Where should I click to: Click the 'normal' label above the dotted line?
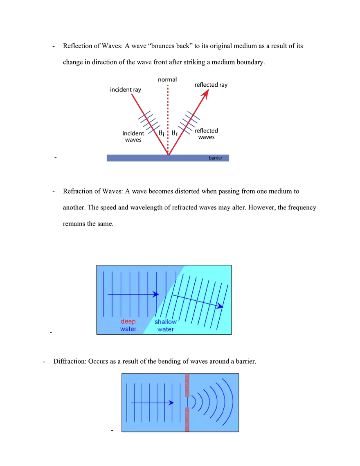[x=167, y=79]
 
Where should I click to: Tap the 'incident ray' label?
[x=126, y=90]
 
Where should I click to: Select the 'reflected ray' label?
[x=211, y=85]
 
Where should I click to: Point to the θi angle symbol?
[x=161, y=133]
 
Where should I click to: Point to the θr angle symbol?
[x=175, y=133]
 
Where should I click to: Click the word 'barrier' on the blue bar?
[x=216, y=158]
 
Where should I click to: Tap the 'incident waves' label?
[x=133, y=136]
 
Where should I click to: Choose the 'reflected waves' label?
[x=206, y=134]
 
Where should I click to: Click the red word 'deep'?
[x=128, y=321]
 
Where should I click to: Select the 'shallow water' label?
[x=166, y=325]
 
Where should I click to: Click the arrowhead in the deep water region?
[x=155, y=294]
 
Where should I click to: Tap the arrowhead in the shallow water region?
[x=220, y=306]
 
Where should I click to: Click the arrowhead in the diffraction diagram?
[x=171, y=403]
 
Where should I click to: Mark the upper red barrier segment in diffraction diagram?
[x=187, y=385]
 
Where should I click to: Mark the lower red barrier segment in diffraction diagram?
[x=187, y=419]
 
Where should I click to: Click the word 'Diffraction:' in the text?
[x=70, y=361]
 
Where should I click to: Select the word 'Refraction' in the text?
[x=78, y=191]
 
